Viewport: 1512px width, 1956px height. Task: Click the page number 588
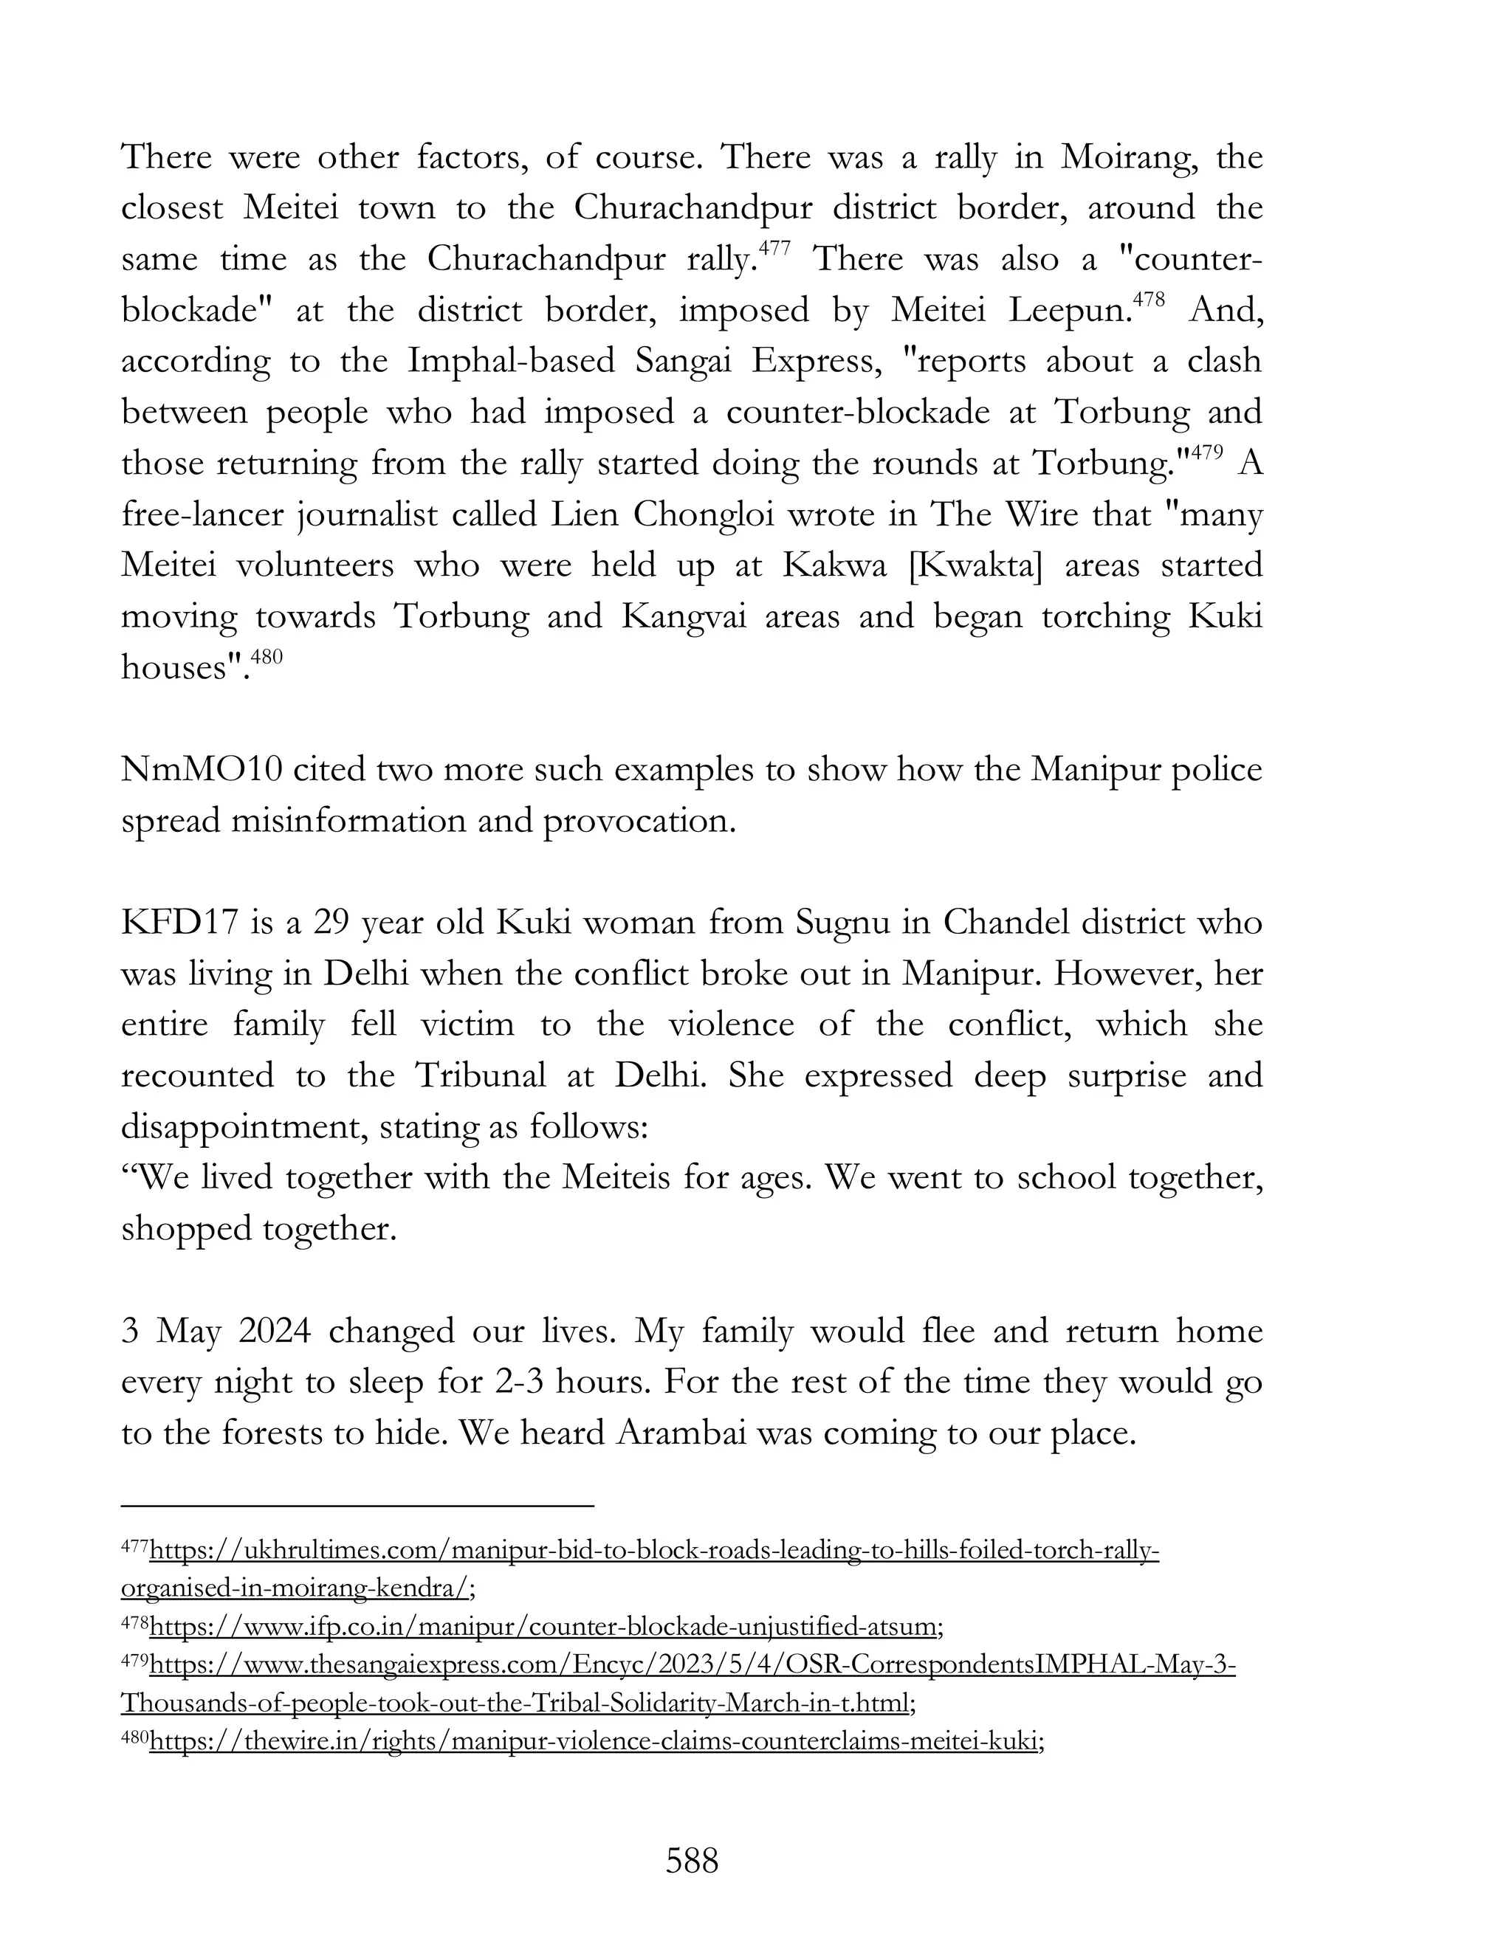click(692, 1861)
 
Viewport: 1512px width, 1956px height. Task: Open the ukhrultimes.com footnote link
click(654, 1550)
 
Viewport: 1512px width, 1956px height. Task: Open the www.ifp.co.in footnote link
click(545, 1625)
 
